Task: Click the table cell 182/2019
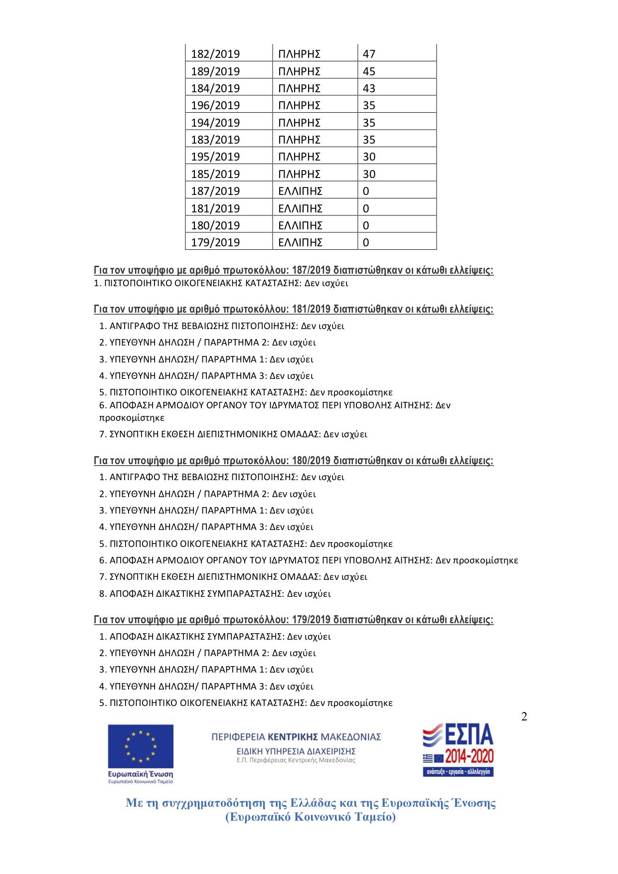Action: tap(215, 54)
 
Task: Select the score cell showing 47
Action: tap(369, 54)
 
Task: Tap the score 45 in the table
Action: tap(369, 71)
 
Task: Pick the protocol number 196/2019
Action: tap(215, 105)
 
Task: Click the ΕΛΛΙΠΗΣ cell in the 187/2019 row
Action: tap(300, 191)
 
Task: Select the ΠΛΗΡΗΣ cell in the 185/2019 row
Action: tap(299, 174)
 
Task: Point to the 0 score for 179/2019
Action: tap(366, 242)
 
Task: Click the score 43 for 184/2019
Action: tap(369, 88)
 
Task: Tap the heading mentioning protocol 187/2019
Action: tap(294, 270)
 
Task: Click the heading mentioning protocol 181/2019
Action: tap(294, 309)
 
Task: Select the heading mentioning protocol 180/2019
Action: tap(294, 461)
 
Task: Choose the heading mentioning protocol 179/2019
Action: tap(294, 620)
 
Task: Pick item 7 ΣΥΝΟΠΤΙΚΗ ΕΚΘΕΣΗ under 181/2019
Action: tap(233, 434)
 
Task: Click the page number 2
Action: tap(524, 716)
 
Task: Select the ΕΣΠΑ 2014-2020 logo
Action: tap(458, 750)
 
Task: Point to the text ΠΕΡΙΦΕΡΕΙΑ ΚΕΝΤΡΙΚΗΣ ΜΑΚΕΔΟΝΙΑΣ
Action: tap(296, 737)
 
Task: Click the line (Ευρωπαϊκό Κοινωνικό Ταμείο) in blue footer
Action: tap(310, 817)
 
